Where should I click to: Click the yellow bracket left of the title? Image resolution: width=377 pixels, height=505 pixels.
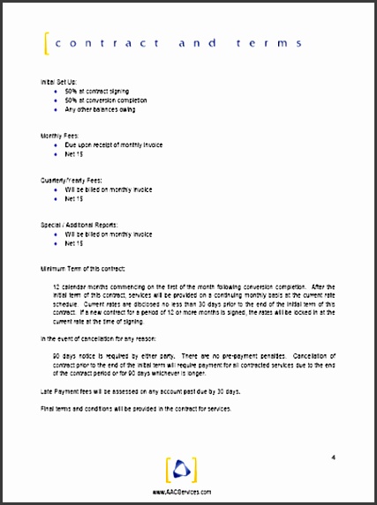click(46, 42)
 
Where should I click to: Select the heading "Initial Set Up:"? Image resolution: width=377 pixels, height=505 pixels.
click(59, 81)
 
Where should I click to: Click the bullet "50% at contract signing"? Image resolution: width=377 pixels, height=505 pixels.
click(96, 91)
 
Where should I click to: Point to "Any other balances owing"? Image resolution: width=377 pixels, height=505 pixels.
click(98, 110)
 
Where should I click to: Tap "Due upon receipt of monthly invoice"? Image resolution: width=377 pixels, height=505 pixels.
click(113, 145)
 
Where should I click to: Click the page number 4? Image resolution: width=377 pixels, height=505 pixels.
click(333, 457)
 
